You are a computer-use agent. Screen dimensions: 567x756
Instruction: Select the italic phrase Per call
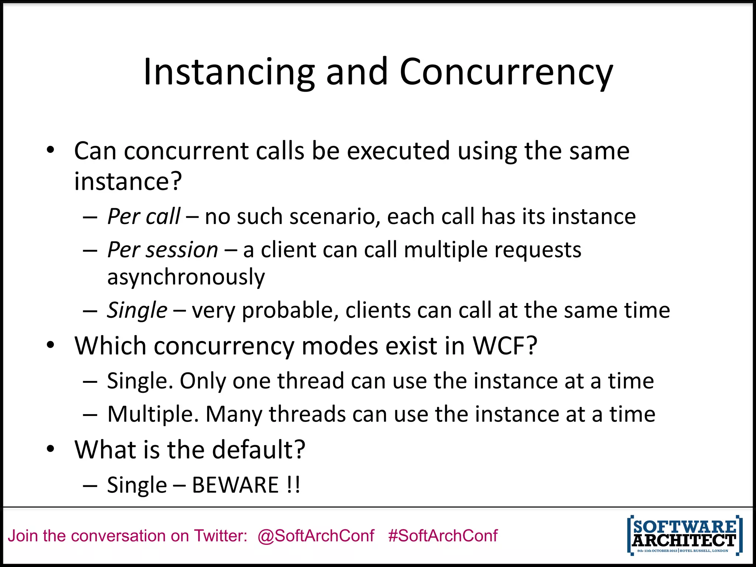(x=144, y=216)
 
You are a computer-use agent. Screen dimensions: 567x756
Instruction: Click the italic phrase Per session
(x=163, y=250)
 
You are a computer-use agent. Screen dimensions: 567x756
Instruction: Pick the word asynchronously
(x=186, y=277)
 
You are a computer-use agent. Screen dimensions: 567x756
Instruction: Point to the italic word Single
(x=137, y=310)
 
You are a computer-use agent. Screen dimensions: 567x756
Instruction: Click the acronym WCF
(x=505, y=346)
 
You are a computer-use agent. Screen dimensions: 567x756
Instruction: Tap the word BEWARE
(x=235, y=485)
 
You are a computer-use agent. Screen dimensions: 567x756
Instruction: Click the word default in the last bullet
(x=258, y=450)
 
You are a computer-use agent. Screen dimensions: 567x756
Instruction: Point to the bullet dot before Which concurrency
(x=51, y=346)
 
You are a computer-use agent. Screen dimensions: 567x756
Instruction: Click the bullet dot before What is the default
(x=51, y=449)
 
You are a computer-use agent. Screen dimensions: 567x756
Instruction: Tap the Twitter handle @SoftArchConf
(x=316, y=536)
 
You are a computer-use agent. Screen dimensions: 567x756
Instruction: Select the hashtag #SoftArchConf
(x=443, y=536)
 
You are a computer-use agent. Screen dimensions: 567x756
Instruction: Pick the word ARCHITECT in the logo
(x=684, y=541)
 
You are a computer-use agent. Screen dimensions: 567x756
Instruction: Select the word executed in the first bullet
(x=398, y=151)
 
